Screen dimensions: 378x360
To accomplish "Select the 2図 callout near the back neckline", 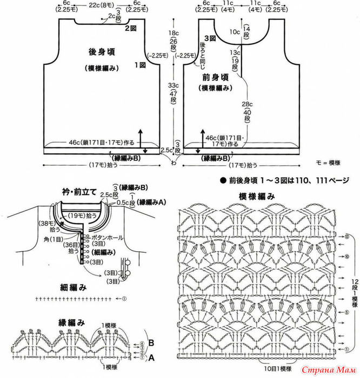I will [x=130, y=28].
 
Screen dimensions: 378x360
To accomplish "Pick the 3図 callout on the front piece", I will [x=211, y=39].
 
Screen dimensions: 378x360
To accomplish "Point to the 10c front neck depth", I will [x=234, y=32].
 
